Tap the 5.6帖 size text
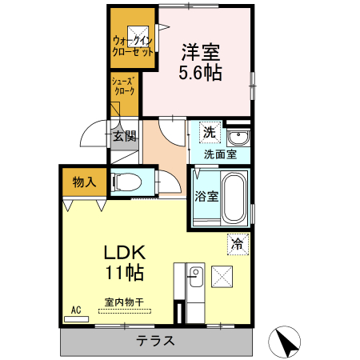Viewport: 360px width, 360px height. [x=200, y=73]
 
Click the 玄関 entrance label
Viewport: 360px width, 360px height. [x=125, y=136]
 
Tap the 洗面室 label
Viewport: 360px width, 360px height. [x=218, y=153]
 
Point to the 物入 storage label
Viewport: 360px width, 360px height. [x=84, y=182]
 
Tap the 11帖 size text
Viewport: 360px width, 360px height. [x=124, y=273]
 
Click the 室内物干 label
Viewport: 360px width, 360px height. [x=123, y=302]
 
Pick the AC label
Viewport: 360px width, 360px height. [x=77, y=309]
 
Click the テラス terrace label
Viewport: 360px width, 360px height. [x=155, y=340]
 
